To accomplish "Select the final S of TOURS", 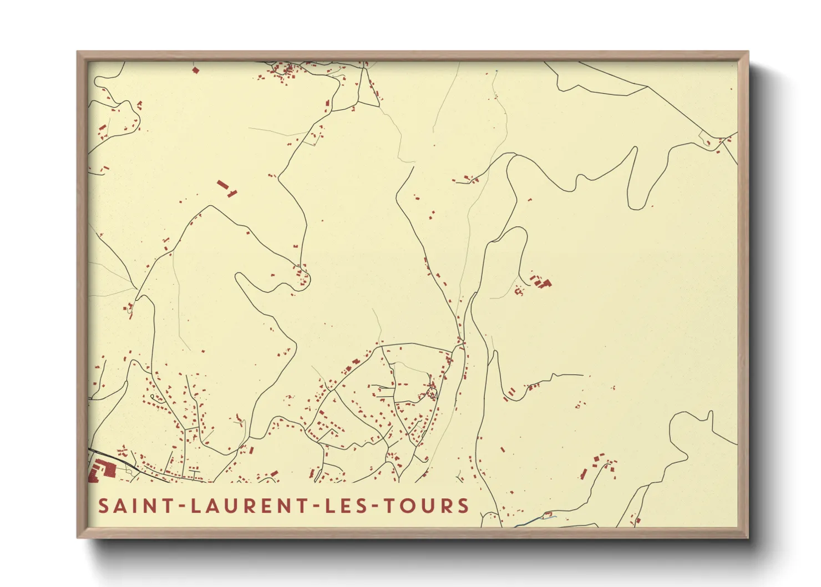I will (x=463, y=506).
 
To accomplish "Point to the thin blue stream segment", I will (x=535, y=520).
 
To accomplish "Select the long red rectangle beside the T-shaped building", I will (x=222, y=184).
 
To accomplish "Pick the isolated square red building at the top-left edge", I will (x=195, y=70).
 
